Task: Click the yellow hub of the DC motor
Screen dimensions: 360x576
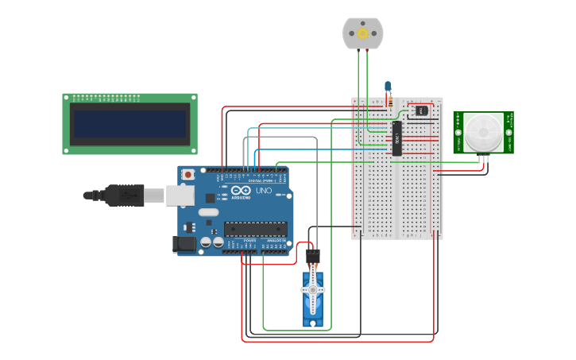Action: pos(363,33)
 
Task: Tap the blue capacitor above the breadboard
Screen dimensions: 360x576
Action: pos(388,86)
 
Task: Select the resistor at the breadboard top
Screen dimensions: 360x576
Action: pos(389,100)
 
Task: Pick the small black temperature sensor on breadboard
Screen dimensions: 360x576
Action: pos(421,110)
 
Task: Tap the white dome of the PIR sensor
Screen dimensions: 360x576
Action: pos(482,132)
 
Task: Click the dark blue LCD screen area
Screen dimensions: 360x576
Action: pos(130,123)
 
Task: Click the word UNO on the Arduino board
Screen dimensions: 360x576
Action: pos(263,191)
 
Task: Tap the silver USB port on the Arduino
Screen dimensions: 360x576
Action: pos(180,195)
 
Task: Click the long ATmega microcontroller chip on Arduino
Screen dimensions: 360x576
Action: pos(255,229)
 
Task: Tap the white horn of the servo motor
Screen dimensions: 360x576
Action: pos(312,290)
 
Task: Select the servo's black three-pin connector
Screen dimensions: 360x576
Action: pos(312,257)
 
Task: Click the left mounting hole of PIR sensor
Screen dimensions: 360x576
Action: pos(458,132)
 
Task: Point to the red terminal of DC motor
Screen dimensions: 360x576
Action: pos(367,50)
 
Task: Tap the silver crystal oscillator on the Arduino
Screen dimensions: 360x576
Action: pos(208,212)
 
